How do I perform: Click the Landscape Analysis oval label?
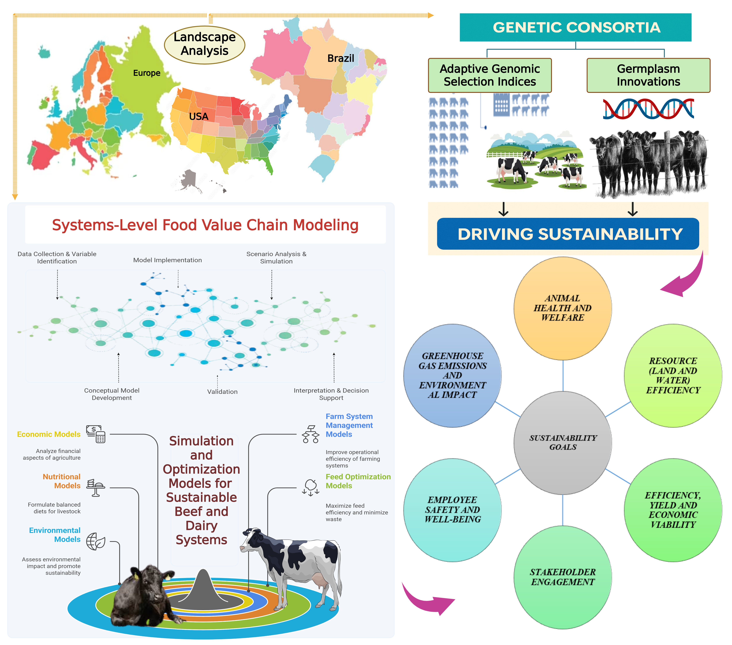coord(205,44)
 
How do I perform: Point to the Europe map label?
coord(146,73)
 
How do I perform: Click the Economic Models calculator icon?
coord(96,434)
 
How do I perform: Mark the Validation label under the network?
coord(222,392)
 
